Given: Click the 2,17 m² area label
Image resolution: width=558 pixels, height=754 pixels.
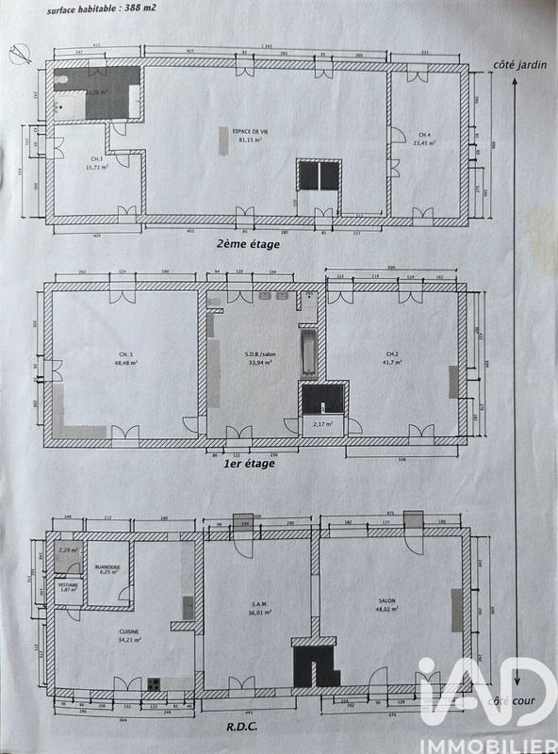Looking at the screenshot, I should (x=324, y=426).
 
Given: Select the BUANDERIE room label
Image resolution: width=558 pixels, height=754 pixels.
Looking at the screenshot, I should (x=107, y=570).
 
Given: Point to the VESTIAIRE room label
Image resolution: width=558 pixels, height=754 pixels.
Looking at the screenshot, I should (x=67, y=586).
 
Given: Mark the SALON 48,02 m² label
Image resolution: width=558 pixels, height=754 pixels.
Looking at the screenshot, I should (x=386, y=610).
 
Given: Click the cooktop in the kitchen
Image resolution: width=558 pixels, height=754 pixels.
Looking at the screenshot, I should (x=153, y=684).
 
